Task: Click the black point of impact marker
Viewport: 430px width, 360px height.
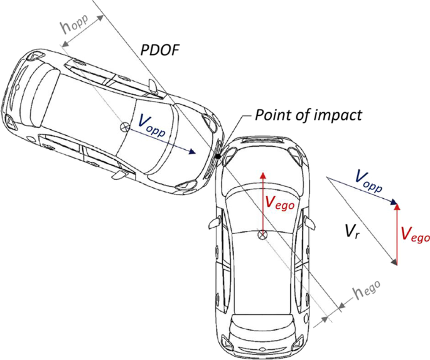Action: tap(217, 156)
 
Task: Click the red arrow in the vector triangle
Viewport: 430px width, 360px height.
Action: tap(397, 232)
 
